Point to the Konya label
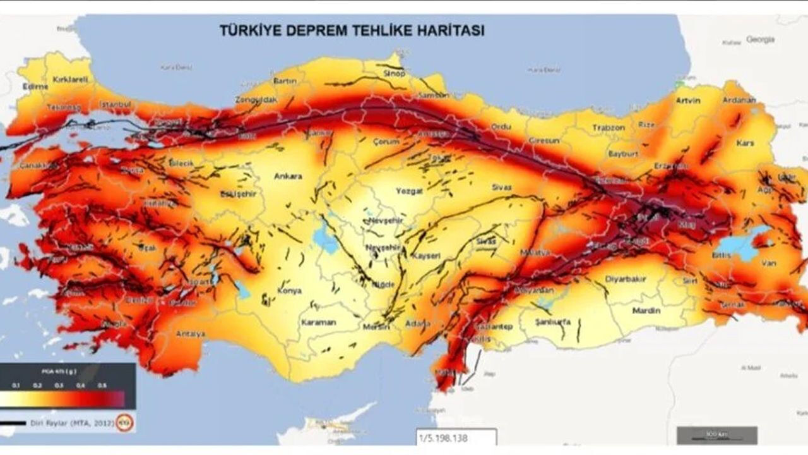coord(290,291)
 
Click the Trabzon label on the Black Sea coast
coord(608,128)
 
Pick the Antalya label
coord(190,334)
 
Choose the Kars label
coord(745,143)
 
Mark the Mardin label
coord(646,311)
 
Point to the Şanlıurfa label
coord(552,322)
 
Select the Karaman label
coord(318,322)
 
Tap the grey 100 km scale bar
coord(716,435)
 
